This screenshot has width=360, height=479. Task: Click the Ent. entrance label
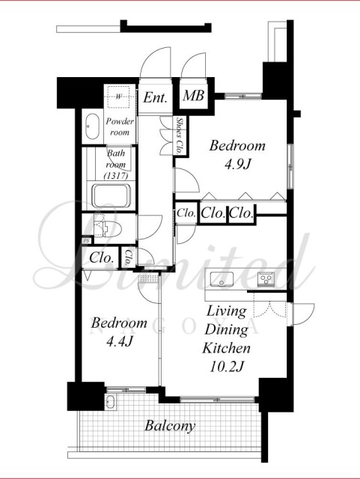(x=156, y=97)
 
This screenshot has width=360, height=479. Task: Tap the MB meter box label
(x=193, y=96)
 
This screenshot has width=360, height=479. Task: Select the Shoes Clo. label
(x=180, y=135)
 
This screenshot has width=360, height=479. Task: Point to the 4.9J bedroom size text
(x=237, y=165)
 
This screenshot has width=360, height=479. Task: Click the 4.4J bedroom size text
(x=119, y=341)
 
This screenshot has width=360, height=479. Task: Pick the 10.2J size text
(x=227, y=366)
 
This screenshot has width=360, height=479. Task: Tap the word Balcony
(x=170, y=426)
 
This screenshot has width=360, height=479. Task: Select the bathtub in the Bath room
(x=112, y=195)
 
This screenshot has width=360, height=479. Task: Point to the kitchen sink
(x=222, y=279)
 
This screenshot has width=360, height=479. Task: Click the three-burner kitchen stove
(x=266, y=279)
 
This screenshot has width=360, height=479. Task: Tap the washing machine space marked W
(x=118, y=97)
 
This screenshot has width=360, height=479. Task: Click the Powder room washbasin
(x=92, y=126)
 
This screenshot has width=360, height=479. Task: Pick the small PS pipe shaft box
(x=87, y=241)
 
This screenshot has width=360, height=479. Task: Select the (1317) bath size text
(x=116, y=176)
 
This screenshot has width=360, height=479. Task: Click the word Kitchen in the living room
(x=227, y=348)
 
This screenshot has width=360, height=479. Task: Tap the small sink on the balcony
(x=110, y=402)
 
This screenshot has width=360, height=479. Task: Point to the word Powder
(x=120, y=121)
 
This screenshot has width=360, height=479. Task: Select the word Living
(x=227, y=311)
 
